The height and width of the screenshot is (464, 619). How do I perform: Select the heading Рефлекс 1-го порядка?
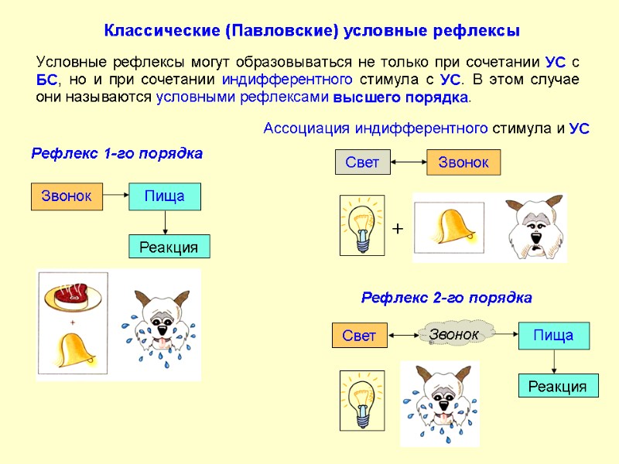(x=117, y=154)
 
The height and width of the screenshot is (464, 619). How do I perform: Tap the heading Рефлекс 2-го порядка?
(x=446, y=298)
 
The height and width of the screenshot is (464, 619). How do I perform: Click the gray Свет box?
(x=362, y=162)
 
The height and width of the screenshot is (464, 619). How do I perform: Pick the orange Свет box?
(x=358, y=336)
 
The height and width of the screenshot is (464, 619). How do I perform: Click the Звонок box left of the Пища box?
(x=67, y=196)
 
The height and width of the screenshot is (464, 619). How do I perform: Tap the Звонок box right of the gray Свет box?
(x=463, y=162)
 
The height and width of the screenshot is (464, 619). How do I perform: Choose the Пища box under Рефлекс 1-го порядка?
(x=164, y=196)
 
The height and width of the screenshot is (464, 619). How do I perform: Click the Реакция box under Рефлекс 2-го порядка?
(x=557, y=386)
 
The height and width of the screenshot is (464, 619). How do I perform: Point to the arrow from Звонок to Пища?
(x=115, y=196)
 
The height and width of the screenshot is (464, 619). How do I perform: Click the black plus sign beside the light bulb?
(x=398, y=230)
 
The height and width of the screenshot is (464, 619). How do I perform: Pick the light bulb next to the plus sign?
(x=362, y=225)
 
